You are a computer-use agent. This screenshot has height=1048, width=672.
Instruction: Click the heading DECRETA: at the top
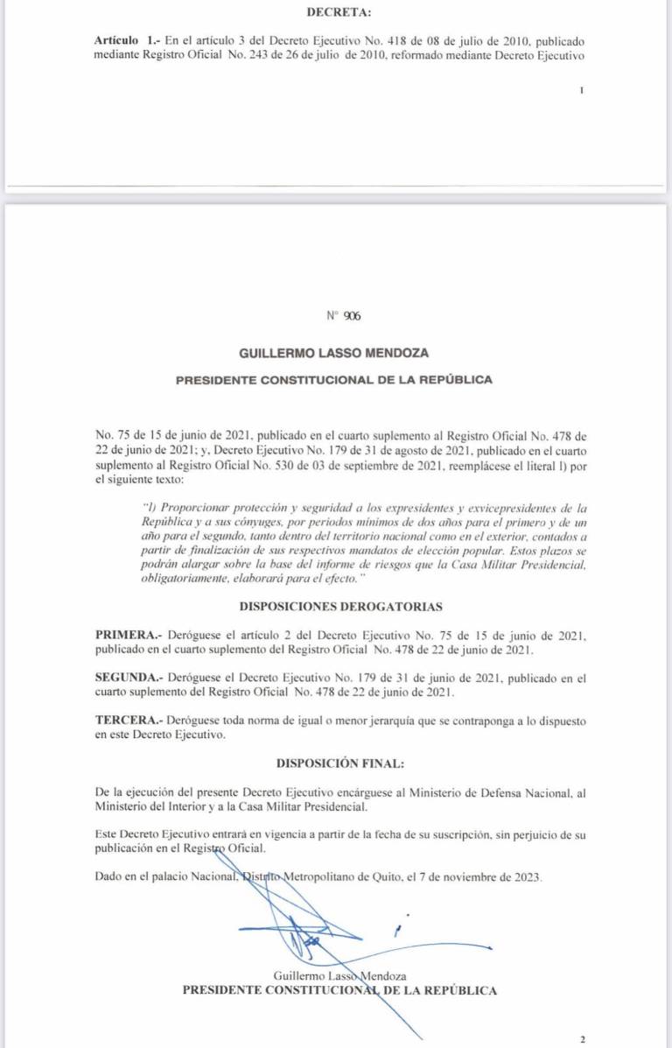339,12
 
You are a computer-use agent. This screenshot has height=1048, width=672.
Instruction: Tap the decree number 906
352,316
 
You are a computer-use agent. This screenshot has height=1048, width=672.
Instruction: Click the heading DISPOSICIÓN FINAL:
340,763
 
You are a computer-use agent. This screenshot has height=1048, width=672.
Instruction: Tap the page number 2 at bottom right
582,1039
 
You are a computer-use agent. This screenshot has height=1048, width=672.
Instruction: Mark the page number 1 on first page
581,90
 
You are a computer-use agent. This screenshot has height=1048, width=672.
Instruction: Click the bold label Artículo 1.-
124,41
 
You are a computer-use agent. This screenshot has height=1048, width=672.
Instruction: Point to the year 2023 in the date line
528,876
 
